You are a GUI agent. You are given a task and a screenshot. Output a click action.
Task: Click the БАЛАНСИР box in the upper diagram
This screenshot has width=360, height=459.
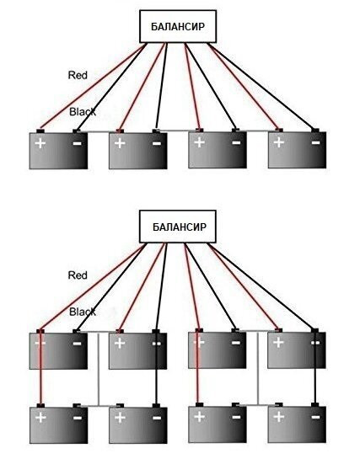point(178,26)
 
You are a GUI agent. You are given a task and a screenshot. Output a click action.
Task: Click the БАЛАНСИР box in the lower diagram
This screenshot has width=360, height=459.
point(178,227)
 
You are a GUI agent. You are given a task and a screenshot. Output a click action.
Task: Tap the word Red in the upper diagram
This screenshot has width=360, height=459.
point(78,75)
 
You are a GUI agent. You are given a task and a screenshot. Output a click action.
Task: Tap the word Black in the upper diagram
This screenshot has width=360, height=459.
point(83,111)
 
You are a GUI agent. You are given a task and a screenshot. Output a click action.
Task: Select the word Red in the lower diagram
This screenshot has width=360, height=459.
point(78,275)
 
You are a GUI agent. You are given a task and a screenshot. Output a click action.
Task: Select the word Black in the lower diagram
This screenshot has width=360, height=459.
point(83,312)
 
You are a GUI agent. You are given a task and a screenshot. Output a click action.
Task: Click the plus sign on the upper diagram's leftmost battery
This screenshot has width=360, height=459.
point(40,143)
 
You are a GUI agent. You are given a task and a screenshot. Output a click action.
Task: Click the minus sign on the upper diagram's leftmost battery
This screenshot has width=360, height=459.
point(77,143)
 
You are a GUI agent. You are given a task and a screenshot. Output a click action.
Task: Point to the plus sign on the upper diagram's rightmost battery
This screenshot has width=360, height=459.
point(278,142)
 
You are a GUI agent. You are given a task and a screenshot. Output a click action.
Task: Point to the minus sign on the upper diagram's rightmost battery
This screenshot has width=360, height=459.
point(315,142)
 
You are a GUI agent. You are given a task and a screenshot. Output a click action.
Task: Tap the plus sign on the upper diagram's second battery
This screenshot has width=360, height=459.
point(120,143)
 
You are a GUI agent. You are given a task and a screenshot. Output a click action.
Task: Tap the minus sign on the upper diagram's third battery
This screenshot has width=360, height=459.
point(236,142)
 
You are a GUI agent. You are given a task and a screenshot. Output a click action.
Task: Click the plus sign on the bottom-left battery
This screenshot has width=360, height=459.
point(40,417)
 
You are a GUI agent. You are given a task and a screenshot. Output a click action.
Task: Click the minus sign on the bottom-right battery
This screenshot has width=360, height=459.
point(315,417)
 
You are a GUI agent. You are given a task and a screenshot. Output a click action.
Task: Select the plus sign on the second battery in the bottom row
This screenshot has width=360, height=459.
point(120,417)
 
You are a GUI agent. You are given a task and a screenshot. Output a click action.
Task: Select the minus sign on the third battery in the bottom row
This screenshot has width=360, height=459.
point(236,417)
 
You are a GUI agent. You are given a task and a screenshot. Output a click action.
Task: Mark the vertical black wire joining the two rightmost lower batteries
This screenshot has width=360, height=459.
point(315,367)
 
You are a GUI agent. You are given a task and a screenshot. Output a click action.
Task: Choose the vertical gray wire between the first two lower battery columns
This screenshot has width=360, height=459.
point(99,369)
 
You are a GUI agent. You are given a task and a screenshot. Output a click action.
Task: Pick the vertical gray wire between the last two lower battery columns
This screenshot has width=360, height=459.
point(258,368)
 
